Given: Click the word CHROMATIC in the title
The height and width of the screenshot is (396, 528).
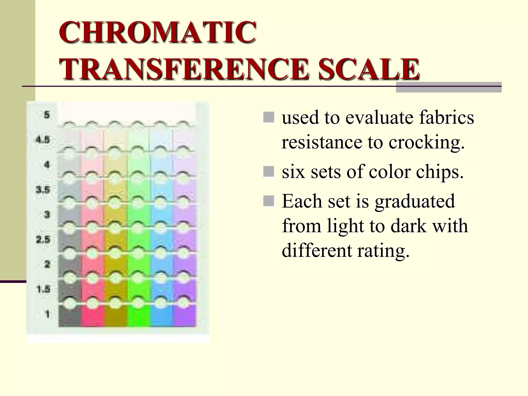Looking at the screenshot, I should point(158,32).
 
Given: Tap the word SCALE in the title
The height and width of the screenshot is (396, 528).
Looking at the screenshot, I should point(369,69).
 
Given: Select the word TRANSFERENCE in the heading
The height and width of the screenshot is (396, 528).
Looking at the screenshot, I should point(184,69).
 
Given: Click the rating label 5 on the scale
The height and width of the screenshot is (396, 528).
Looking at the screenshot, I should point(47,115).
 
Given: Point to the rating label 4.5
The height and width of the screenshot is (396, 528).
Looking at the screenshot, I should point(43,140).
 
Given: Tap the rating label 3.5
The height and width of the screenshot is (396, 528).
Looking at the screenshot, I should point(43,190).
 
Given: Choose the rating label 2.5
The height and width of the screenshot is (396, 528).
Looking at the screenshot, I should point(43,240).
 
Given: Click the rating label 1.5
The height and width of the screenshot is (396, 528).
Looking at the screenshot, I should point(43,289).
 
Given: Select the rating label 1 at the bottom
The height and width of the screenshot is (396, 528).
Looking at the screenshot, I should point(47,314).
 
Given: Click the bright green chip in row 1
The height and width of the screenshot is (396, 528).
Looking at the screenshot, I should point(138,317).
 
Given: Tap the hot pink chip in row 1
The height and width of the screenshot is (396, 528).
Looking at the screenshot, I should point(93,317).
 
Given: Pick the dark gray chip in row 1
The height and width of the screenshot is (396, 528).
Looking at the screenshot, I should point(70,317).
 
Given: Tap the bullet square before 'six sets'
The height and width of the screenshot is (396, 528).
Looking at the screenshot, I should point(269,171).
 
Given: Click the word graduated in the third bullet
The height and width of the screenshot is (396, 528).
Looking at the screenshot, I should point(415,201).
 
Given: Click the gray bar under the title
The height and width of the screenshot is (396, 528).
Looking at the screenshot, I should point(449,88).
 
